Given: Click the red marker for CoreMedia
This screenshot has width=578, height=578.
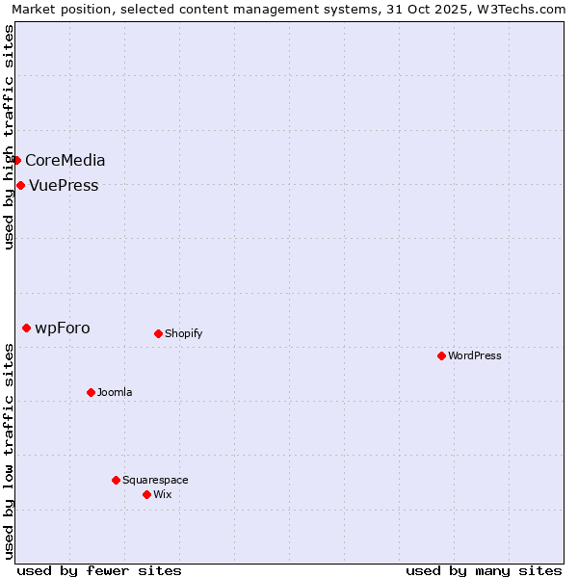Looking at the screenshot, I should click(x=16, y=160).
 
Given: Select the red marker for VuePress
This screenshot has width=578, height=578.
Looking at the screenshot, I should click(x=20, y=185).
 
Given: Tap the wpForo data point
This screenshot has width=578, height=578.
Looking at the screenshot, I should click(x=26, y=328).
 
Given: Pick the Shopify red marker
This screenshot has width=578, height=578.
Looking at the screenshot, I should click(x=158, y=333).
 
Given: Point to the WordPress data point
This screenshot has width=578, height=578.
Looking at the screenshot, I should click(x=441, y=355).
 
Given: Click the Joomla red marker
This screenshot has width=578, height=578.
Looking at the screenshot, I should click(x=91, y=392).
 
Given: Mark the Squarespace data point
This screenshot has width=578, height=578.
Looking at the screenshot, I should click(x=116, y=480).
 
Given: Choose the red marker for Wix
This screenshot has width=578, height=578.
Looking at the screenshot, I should click(x=146, y=494).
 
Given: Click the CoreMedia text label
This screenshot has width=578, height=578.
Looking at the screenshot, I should click(x=66, y=160).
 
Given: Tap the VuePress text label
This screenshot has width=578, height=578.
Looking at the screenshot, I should click(x=64, y=185).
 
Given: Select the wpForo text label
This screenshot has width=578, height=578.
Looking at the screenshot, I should click(x=63, y=328).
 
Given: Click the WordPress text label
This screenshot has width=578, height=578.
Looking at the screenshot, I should click(x=475, y=355).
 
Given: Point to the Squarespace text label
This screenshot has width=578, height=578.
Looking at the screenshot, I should click(x=155, y=480).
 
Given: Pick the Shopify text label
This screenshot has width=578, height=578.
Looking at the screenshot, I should click(x=183, y=333).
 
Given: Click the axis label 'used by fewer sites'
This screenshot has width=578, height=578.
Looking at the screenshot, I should click(x=99, y=570).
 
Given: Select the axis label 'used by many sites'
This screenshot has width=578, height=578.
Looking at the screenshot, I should click(x=484, y=570).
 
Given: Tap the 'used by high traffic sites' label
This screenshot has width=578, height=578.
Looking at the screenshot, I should click(x=9, y=137).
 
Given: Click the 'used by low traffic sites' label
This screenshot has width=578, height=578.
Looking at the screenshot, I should click(x=9, y=451).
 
